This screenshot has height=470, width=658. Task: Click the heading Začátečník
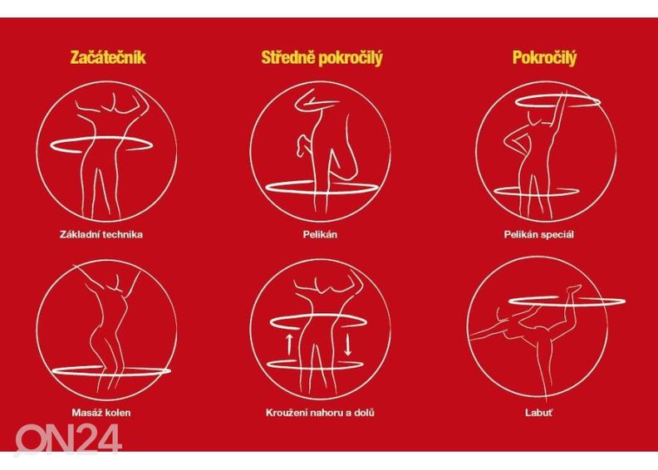(x=108, y=58)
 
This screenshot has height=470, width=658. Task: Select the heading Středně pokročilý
(x=322, y=58)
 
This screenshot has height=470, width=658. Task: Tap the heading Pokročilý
(x=545, y=58)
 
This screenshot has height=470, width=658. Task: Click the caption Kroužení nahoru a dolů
(x=320, y=412)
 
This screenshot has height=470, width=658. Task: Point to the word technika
(x=125, y=234)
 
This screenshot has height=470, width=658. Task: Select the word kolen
(x=118, y=412)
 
